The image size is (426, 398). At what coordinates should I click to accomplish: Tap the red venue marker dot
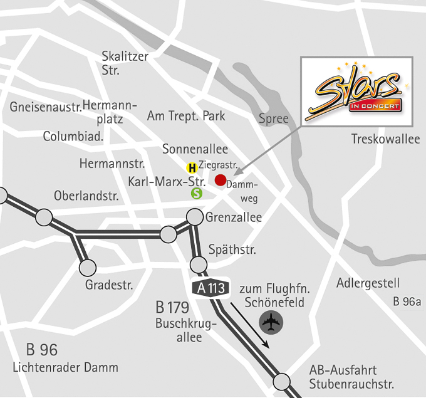click(x=220, y=181)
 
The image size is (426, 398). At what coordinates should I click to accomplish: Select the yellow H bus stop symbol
click(x=192, y=168)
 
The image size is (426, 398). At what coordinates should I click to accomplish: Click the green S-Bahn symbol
click(x=197, y=194)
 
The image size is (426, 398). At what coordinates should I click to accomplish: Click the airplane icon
click(x=271, y=323)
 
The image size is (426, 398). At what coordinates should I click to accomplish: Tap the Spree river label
click(x=274, y=118)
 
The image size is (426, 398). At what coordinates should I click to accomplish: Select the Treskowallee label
click(x=385, y=139)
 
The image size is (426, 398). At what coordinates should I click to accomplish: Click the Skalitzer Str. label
click(x=125, y=63)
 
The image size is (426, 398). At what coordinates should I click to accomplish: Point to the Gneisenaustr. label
click(x=46, y=107)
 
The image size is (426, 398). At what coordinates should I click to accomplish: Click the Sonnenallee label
click(x=195, y=149)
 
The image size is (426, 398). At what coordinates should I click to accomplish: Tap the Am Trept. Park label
click(x=186, y=116)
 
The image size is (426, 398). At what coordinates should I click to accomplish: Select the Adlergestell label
click(x=368, y=283)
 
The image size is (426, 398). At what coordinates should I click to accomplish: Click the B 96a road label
click(x=407, y=301)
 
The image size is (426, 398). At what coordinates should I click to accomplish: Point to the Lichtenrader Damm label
click(x=65, y=367)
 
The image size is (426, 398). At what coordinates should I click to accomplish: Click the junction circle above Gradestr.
click(x=88, y=267)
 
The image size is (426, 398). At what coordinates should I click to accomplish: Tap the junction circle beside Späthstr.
click(x=199, y=263)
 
